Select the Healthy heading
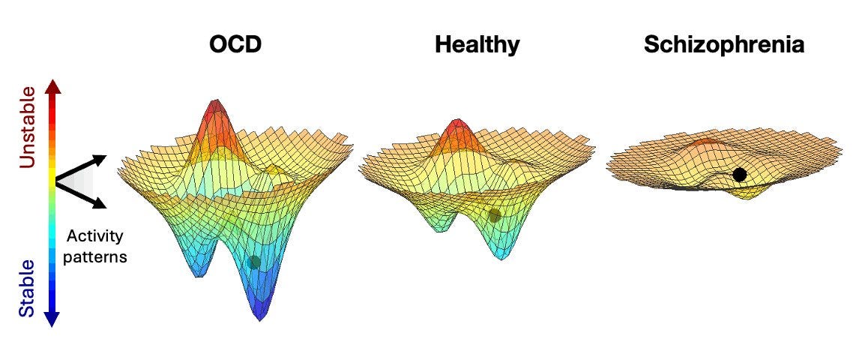477,44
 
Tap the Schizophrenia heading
724,44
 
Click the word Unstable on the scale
27,125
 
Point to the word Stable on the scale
27,287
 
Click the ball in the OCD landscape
254,262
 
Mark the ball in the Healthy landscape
495,215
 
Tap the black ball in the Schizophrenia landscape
740,175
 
